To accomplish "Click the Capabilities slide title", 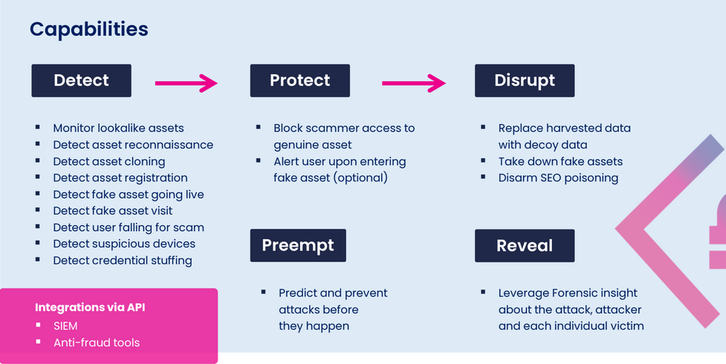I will click(x=88, y=30).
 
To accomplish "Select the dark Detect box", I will click(x=81, y=80).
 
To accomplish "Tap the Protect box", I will click(x=299, y=80).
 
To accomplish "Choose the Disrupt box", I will click(x=525, y=80).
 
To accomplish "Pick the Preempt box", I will click(x=298, y=245).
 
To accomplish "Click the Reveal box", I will click(x=525, y=245).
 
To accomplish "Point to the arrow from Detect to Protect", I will click(x=186, y=83).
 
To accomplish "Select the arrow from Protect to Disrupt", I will click(x=413, y=83).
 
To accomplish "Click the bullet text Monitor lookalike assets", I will click(x=118, y=128).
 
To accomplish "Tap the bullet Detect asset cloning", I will click(x=108, y=161).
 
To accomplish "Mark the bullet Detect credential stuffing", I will click(x=123, y=260).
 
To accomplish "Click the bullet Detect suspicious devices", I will click(x=124, y=244).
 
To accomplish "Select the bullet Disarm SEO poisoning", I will click(x=558, y=178).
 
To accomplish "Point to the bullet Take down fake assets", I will click(x=560, y=161).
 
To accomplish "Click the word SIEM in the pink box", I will click(x=65, y=325).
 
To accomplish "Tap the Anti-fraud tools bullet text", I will click(x=96, y=342).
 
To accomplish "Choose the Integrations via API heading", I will click(x=90, y=308).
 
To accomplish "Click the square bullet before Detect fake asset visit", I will click(x=38, y=210).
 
